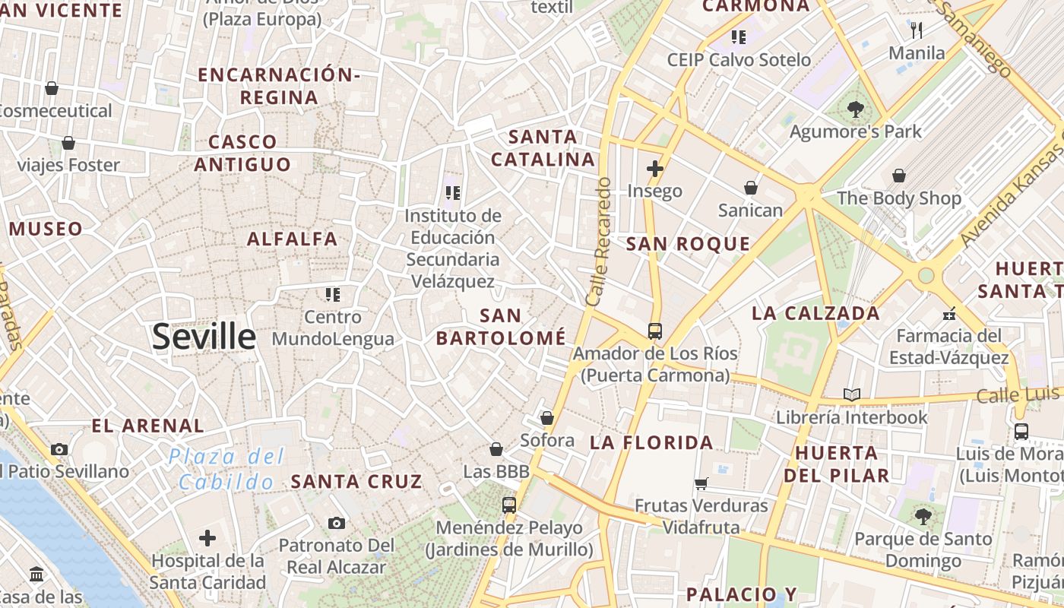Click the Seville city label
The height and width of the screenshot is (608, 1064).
click(204, 337)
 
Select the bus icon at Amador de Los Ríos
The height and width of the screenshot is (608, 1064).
click(654, 331)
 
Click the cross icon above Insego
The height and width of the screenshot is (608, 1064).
click(654, 168)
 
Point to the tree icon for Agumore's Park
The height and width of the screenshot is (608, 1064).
click(855, 109)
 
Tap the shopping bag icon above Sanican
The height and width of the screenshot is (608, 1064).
click(750, 187)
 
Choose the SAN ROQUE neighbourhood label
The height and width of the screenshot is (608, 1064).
click(688, 244)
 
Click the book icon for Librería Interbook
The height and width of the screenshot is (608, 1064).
click(852, 395)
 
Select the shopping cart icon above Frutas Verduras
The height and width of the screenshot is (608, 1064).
click(701, 483)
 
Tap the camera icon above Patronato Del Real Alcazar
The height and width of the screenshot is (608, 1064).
click(336, 523)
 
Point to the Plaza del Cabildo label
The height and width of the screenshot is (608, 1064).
click(226, 469)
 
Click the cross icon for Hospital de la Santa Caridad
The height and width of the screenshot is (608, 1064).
click(207, 539)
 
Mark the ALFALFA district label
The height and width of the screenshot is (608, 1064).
click(293, 239)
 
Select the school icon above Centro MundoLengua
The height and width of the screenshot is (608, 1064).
click(332, 294)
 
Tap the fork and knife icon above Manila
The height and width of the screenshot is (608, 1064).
click(917, 30)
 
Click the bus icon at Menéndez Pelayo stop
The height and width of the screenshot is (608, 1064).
click(508, 505)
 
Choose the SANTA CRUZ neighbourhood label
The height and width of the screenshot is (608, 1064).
click(356, 481)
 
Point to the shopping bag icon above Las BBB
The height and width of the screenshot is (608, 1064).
click(496, 449)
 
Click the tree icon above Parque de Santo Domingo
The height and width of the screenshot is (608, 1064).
click(923, 517)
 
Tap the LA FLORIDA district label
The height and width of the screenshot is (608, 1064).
click(651, 442)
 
